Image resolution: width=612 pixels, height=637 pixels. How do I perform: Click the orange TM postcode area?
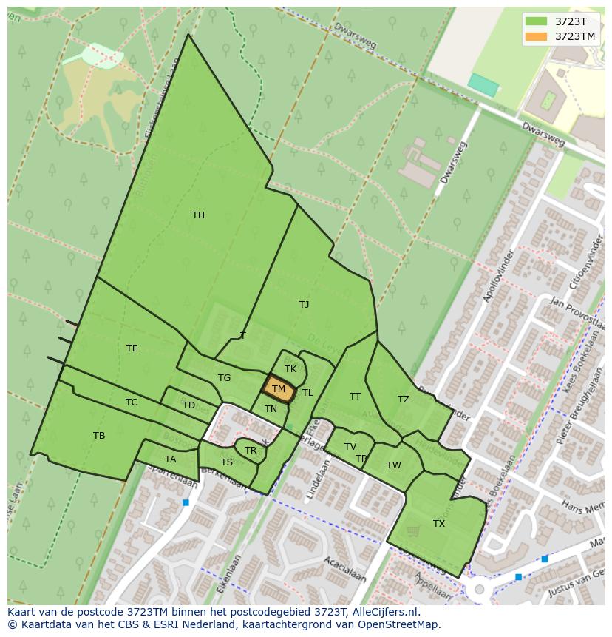[279, 388]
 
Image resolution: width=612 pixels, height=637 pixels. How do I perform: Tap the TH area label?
[198, 215]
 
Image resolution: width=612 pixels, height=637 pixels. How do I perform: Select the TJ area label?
[304, 304]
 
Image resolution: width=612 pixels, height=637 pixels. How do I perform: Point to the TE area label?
[132, 348]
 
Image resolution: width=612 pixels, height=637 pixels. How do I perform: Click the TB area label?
[99, 436]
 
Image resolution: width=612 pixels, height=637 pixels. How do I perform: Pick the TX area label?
[439, 524]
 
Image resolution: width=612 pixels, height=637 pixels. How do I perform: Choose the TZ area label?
[403, 400]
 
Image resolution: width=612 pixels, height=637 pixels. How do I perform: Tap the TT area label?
[355, 397]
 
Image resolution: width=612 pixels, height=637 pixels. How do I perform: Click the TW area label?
[393, 465]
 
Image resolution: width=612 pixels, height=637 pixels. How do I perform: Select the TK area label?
[290, 368]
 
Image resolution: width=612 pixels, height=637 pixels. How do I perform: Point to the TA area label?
[171, 459]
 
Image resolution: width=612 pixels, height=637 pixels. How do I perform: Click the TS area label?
[227, 462]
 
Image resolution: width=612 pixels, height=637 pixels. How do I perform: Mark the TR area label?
[251, 451]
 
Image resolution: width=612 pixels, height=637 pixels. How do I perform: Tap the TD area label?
[188, 405]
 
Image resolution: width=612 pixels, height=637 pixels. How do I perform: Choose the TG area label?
[224, 378]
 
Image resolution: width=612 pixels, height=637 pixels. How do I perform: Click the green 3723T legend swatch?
[537, 21]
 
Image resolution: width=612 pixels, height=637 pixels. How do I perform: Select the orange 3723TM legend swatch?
[537, 36]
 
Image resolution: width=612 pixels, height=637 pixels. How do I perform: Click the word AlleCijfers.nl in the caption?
[384, 612]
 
